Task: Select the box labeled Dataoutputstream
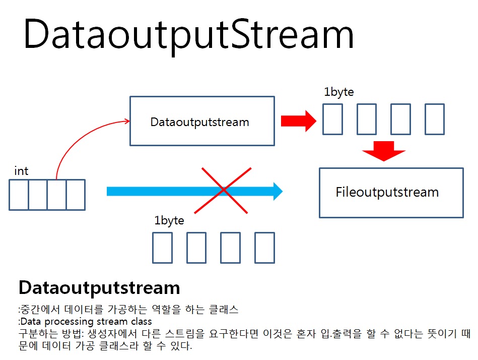pyautogui.click(x=202, y=122)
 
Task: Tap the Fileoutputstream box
pyautogui.click(x=391, y=193)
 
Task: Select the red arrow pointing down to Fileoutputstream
pyautogui.click(x=384, y=150)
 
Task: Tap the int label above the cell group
pyautogui.click(x=21, y=171)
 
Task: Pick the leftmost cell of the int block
pyautogui.click(x=19, y=195)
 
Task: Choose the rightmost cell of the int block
pyautogui.click(x=76, y=195)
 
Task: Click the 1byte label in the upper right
pyautogui.click(x=338, y=92)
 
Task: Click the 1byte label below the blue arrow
pyautogui.click(x=169, y=221)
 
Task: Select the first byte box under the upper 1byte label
pyautogui.click(x=332, y=119)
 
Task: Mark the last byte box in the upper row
pyautogui.click(x=434, y=119)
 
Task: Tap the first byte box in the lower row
pyautogui.click(x=162, y=248)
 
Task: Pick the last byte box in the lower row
pyautogui.click(x=264, y=248)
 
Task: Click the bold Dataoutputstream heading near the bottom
pyautogui.click(x=99, y=288)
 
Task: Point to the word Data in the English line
pyautogui.click(x=30, y=322)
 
